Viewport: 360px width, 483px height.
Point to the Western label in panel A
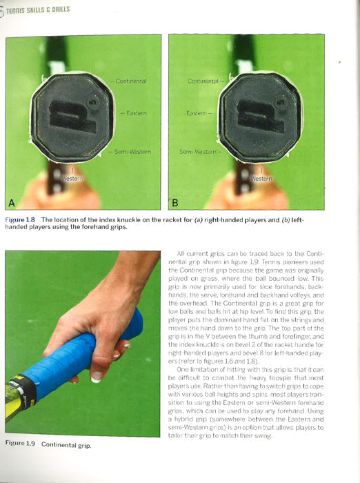72,179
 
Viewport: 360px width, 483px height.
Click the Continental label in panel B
203,81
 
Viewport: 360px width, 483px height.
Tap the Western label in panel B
260,179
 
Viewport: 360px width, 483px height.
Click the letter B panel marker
175,201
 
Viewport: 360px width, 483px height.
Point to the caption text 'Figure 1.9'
19,444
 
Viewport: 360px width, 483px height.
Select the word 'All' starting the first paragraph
181,254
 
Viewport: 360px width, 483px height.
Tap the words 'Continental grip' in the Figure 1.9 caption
67,444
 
